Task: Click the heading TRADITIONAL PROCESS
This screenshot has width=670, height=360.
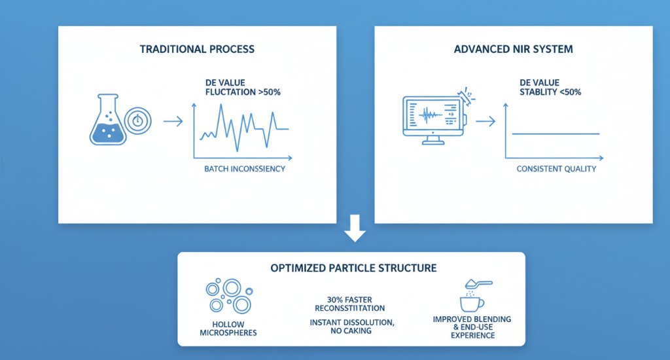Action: click(x=197, y=50)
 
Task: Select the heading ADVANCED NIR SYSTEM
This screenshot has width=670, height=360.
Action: click(x=513, y=50)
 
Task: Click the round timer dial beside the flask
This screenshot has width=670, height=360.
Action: click(x=137, y=121)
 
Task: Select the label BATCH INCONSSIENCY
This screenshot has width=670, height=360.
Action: click(x=245, y=169)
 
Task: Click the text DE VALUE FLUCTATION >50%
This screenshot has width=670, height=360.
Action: click(x=242, y=87)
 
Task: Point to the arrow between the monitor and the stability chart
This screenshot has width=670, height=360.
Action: click(x=484, y=121)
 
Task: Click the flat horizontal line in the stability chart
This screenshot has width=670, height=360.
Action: click(x=555, y=134)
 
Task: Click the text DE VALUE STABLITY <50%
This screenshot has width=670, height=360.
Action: click(x=550, y=87)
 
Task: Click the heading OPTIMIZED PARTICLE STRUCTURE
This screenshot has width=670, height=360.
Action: click(x=354, y=268)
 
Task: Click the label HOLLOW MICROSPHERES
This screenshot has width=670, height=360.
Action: click(x=227, y=327)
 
